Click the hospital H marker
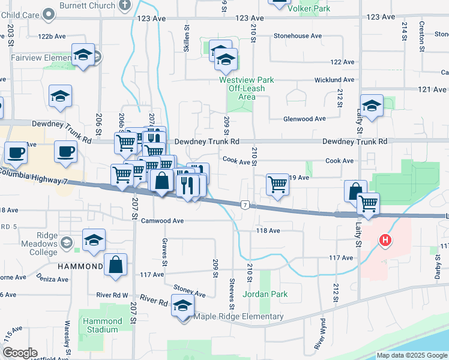(385, 241)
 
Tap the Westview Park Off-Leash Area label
(246, 88)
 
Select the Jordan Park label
(265, 295)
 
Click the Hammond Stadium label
(102, 325)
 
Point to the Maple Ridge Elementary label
(238, 317)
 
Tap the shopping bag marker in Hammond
(116, 264)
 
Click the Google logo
(20, 353)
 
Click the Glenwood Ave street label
(304, 119)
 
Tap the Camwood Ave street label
(162, 221)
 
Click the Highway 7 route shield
(246, 205)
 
